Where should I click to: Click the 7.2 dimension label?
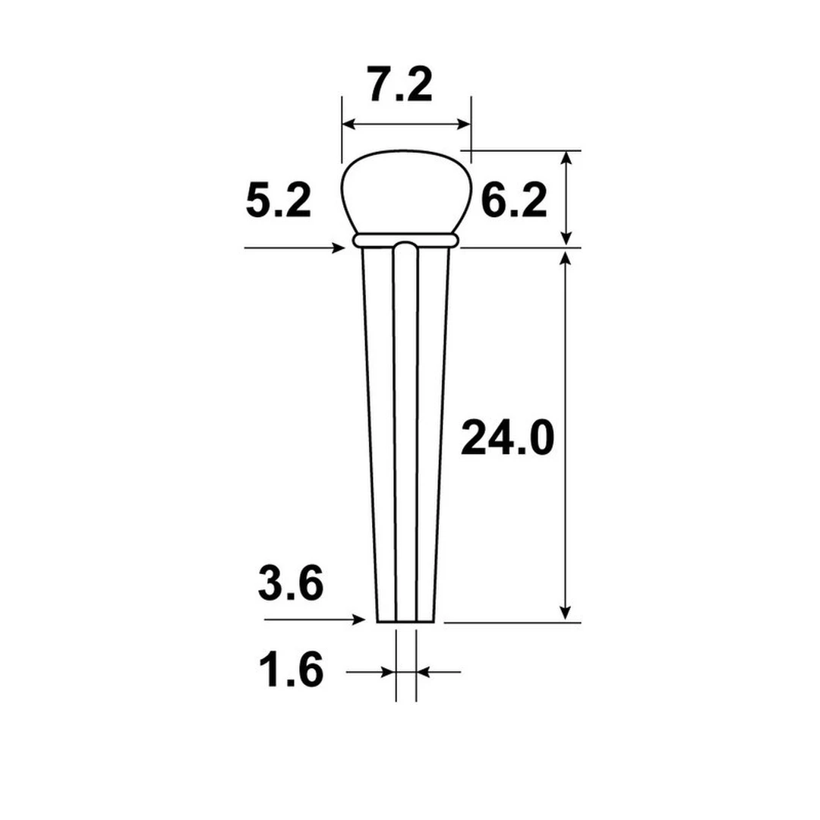coord(400,85)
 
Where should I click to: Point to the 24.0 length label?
coord(508,440)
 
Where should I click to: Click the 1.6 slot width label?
coord(291,671)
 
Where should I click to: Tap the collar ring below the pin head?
coord(406,240)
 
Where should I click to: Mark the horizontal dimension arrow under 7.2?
coord(406,124)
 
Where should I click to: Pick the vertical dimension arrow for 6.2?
coord(565,197)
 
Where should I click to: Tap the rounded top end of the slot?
coord(406,246)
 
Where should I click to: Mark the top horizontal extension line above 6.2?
coord(524,150)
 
